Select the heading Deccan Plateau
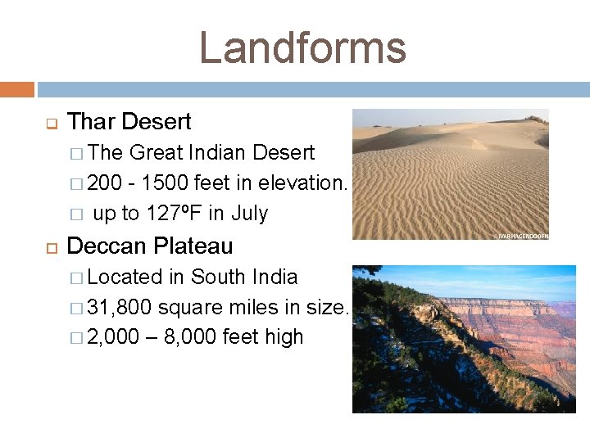[x=149, y=246]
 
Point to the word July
[x=249, y=214]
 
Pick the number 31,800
[x=120, y=307]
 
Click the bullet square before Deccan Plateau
[x=50, y=246]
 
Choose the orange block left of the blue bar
[x=16, y=89]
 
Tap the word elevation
[x=302, y=183]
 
